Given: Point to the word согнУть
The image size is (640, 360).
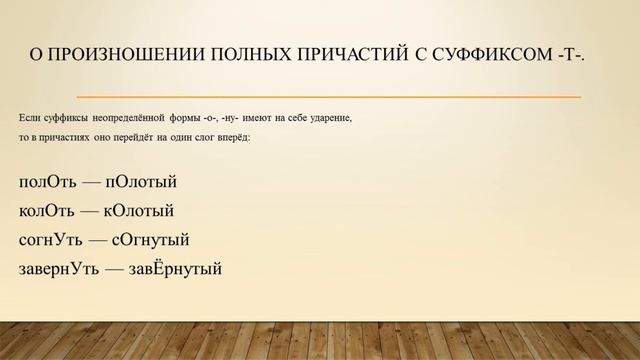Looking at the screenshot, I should pyautogui.click(x=50, y=240).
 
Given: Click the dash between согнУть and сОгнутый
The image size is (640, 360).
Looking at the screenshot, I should pyautogui.click(x=97, y=240).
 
